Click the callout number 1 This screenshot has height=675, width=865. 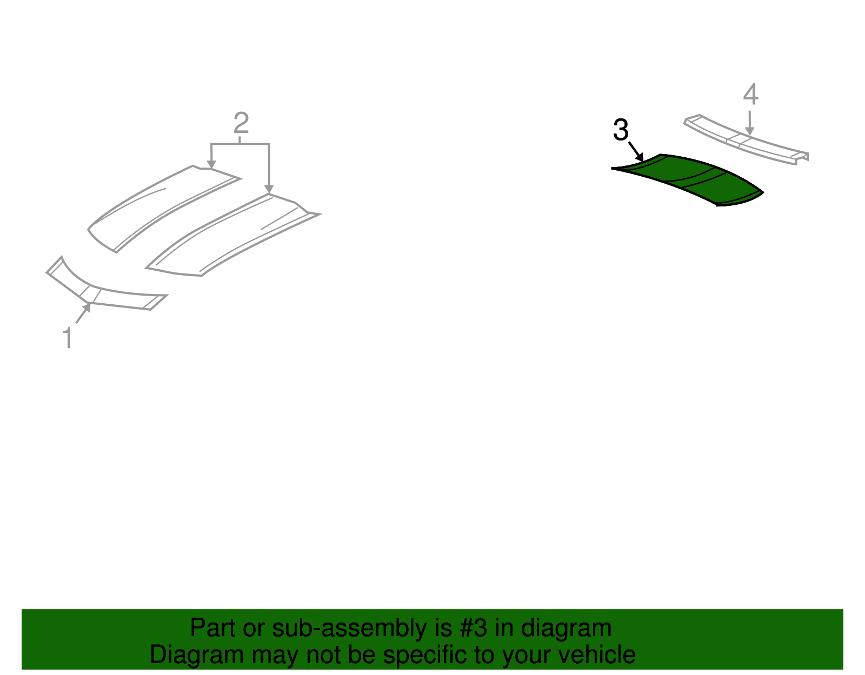pyautogui.click(x=68, y=338)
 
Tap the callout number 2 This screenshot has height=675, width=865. pyautogui.click(x=241, y=123)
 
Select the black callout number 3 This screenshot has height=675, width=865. pyautogui.click(x=621, y=130)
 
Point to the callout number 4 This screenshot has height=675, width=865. pyautogui.click(x=750, y=95)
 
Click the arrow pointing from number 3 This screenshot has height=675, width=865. pyautogui.click(x=636, y=151)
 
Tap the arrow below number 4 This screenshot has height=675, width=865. pyautogui.click(x=749, y=123)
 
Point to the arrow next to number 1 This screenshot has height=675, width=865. pyautogui.click(x=83, y=313)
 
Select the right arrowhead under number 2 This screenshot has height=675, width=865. pyautogui.click(x=269, y=189)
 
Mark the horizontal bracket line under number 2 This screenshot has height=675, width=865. pyautogui.click(x=240, y=144)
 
